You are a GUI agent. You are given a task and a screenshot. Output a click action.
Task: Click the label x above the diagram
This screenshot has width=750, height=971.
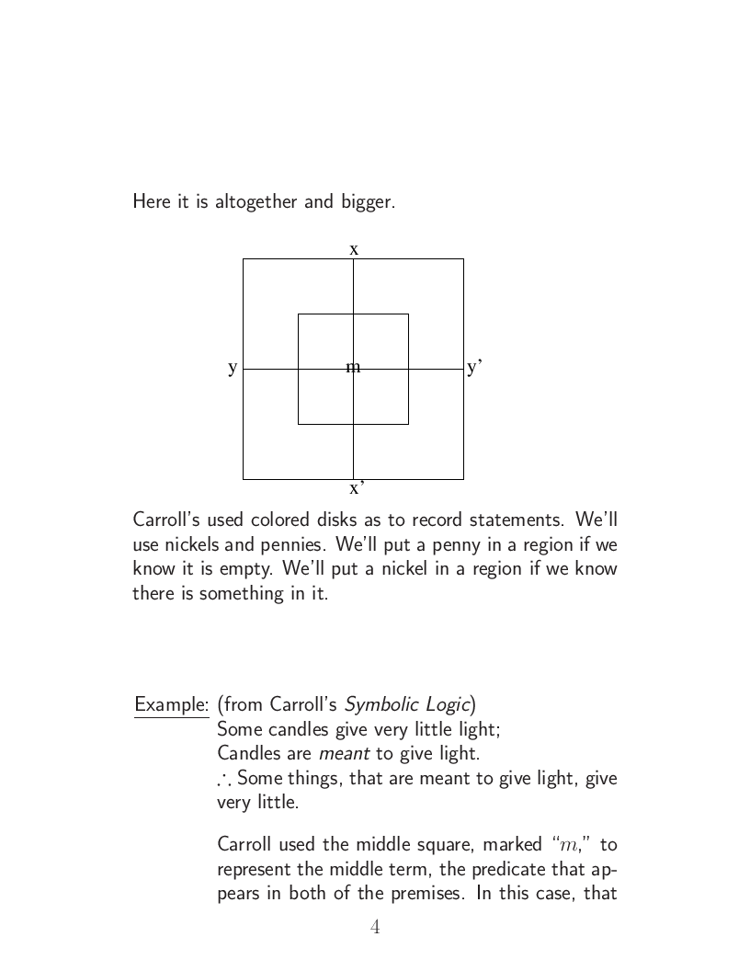(354, 249)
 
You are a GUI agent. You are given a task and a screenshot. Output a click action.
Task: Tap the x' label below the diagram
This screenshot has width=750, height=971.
(357, 487)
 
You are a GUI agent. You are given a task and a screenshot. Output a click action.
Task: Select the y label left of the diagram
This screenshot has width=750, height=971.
(233, 368)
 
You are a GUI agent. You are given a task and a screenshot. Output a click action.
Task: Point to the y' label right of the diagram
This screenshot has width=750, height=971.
(474, 368)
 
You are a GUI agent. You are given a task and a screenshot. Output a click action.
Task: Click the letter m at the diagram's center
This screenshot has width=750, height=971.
(353, 368)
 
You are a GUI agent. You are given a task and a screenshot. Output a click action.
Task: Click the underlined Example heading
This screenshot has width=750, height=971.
(171, 705)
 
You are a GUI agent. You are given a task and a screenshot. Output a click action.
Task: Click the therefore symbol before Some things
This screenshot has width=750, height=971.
(224, 780)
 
